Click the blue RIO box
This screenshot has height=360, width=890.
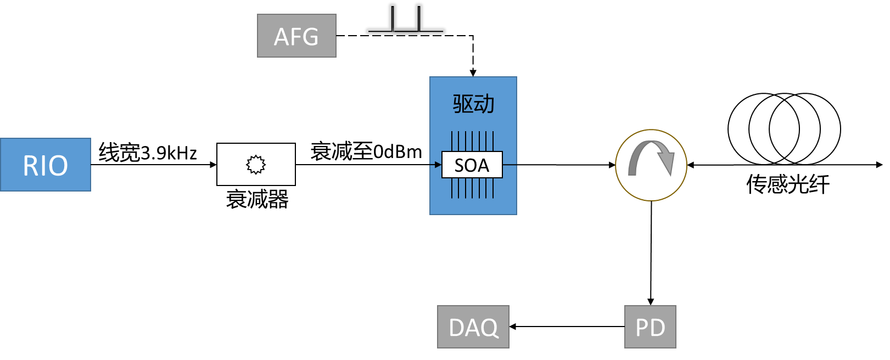pos(46,165)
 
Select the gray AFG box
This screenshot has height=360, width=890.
pos(296,36)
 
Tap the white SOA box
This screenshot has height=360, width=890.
pos(472,165)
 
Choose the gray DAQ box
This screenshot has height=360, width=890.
pos(473,327)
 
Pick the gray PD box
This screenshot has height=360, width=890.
pos(650,327)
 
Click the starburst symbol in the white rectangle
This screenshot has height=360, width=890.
pos(256,165)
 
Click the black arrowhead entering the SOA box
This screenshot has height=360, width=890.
pos(438,165)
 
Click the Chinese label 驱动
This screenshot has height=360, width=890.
pos(473,104)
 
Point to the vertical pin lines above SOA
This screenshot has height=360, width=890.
pos(472,141)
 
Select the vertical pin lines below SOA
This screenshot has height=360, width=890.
pos(472,188)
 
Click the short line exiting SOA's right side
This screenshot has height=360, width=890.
pos(510,165)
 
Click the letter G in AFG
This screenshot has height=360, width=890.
pos(310,37)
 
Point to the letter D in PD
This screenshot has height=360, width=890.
pos(658,328)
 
